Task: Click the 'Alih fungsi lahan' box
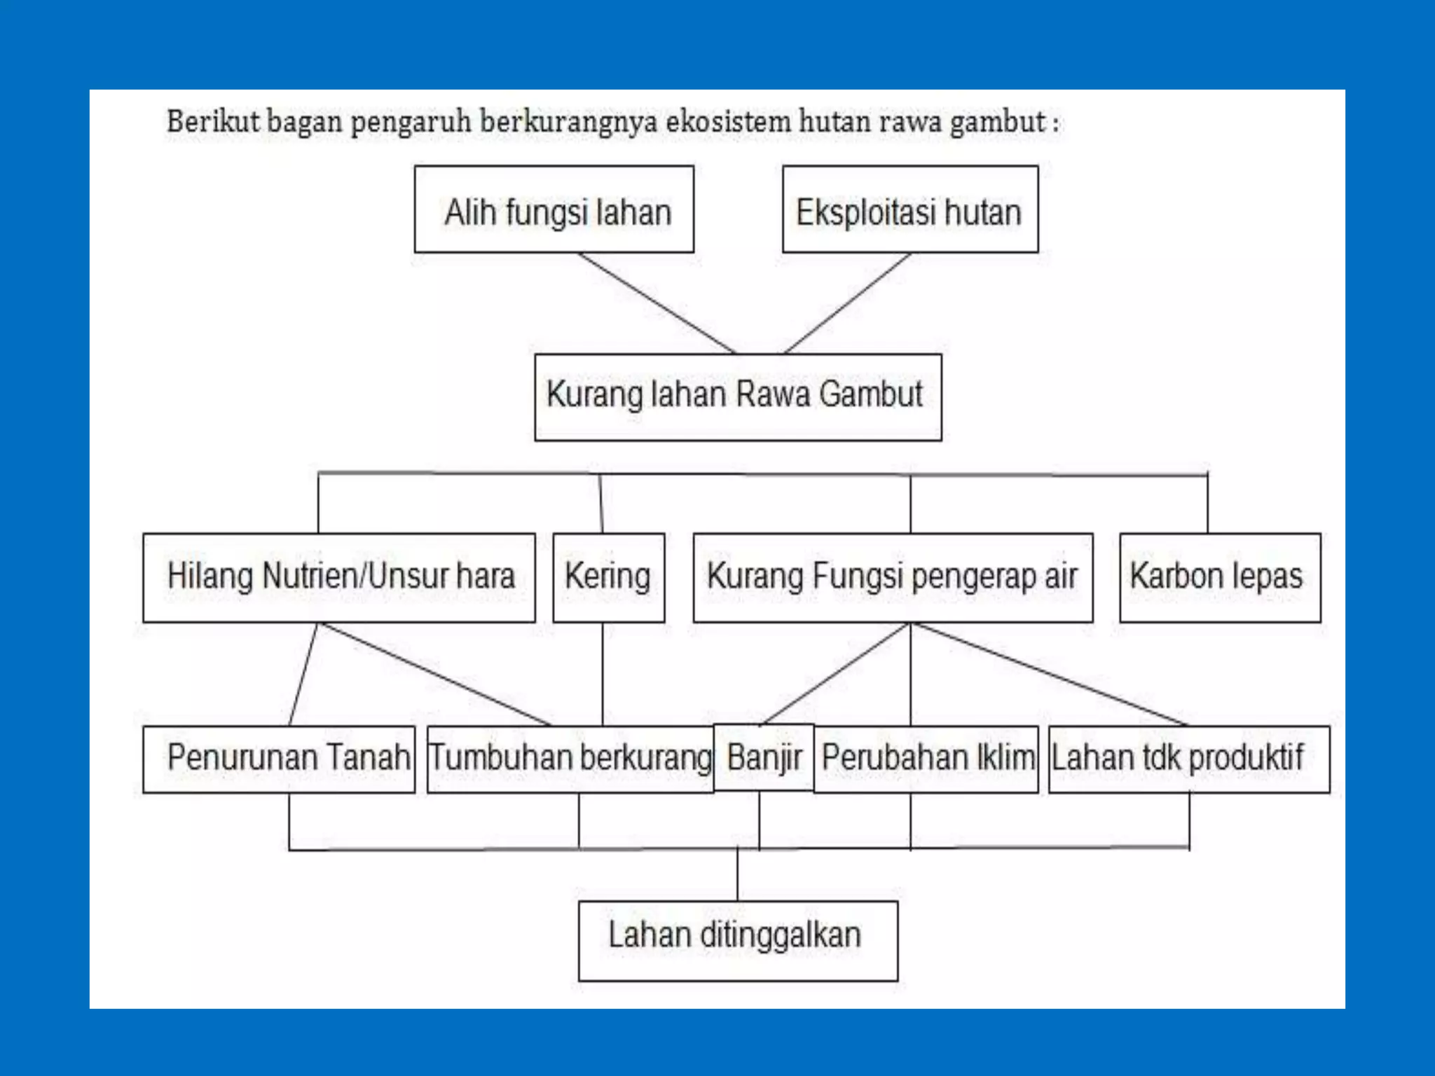[554, 209]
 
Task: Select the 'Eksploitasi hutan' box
[909, 209]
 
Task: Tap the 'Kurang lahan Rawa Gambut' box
[737, 397]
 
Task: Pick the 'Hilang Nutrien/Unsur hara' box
[339, 577]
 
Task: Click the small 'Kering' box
[608, 577]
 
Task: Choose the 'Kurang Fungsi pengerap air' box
[893, 577]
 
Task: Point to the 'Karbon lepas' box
[1220, 577]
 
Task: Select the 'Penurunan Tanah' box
[279, 759]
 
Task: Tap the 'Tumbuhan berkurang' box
[570, 759]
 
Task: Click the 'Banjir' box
[763, 758]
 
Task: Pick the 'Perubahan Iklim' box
[926, 759]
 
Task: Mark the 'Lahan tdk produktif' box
[1188, 759]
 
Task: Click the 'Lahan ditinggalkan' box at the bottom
[737, 940]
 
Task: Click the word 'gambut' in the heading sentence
[997, 122]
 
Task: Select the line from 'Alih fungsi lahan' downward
[657, 303]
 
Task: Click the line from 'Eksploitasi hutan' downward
[848, 303]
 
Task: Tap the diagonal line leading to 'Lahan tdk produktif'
[1051, 674]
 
